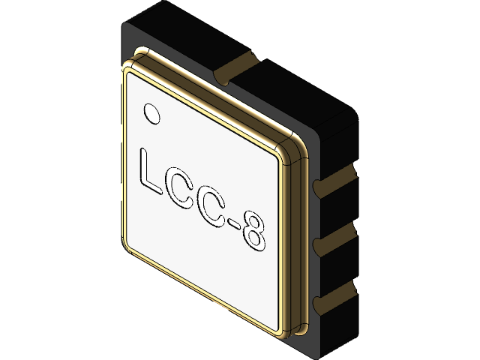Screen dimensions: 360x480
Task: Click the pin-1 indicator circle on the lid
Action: [x=152, y=112]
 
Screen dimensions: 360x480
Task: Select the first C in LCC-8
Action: [x=184, y=189]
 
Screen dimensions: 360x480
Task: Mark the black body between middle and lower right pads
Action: [x=337, y=268]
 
